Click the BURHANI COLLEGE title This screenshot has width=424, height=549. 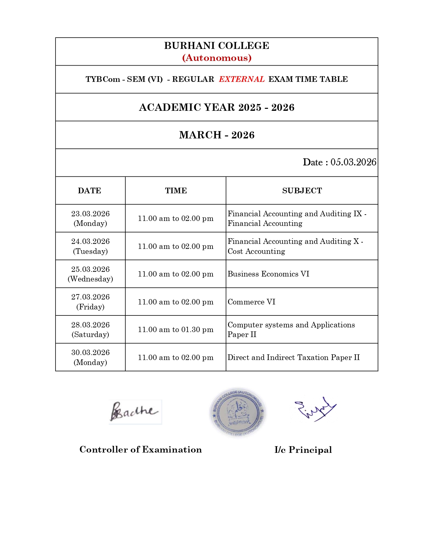(x=216, y=46)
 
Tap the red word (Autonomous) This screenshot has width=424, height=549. (x=216, y=58)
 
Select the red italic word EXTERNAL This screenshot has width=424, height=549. (x=241, y=79)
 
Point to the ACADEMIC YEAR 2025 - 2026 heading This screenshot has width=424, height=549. (x=216, y=107)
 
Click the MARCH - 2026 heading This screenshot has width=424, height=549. (x=216, y=135)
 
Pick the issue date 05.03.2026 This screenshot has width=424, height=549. (x=353, y=162)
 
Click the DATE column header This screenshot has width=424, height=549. (x=89, y=191)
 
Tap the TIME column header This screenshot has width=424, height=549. (x=176, y=191)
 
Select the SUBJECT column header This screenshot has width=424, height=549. (x=302, y=191)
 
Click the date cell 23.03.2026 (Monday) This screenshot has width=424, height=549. (x=90, y=218)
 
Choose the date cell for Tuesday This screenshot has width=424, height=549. (x=90, y=246)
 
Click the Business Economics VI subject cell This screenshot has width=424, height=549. (x=268, y=274)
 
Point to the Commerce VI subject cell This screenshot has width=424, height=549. (x=251, y=302)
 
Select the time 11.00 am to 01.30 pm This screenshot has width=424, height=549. (x=176, y=329)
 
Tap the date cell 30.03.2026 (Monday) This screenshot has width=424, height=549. (x=90, y=357)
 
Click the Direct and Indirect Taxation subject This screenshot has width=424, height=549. (x=293, y=357)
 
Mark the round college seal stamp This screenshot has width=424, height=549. (x=237, y=412)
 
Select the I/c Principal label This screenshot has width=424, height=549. (x=303, y=450)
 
